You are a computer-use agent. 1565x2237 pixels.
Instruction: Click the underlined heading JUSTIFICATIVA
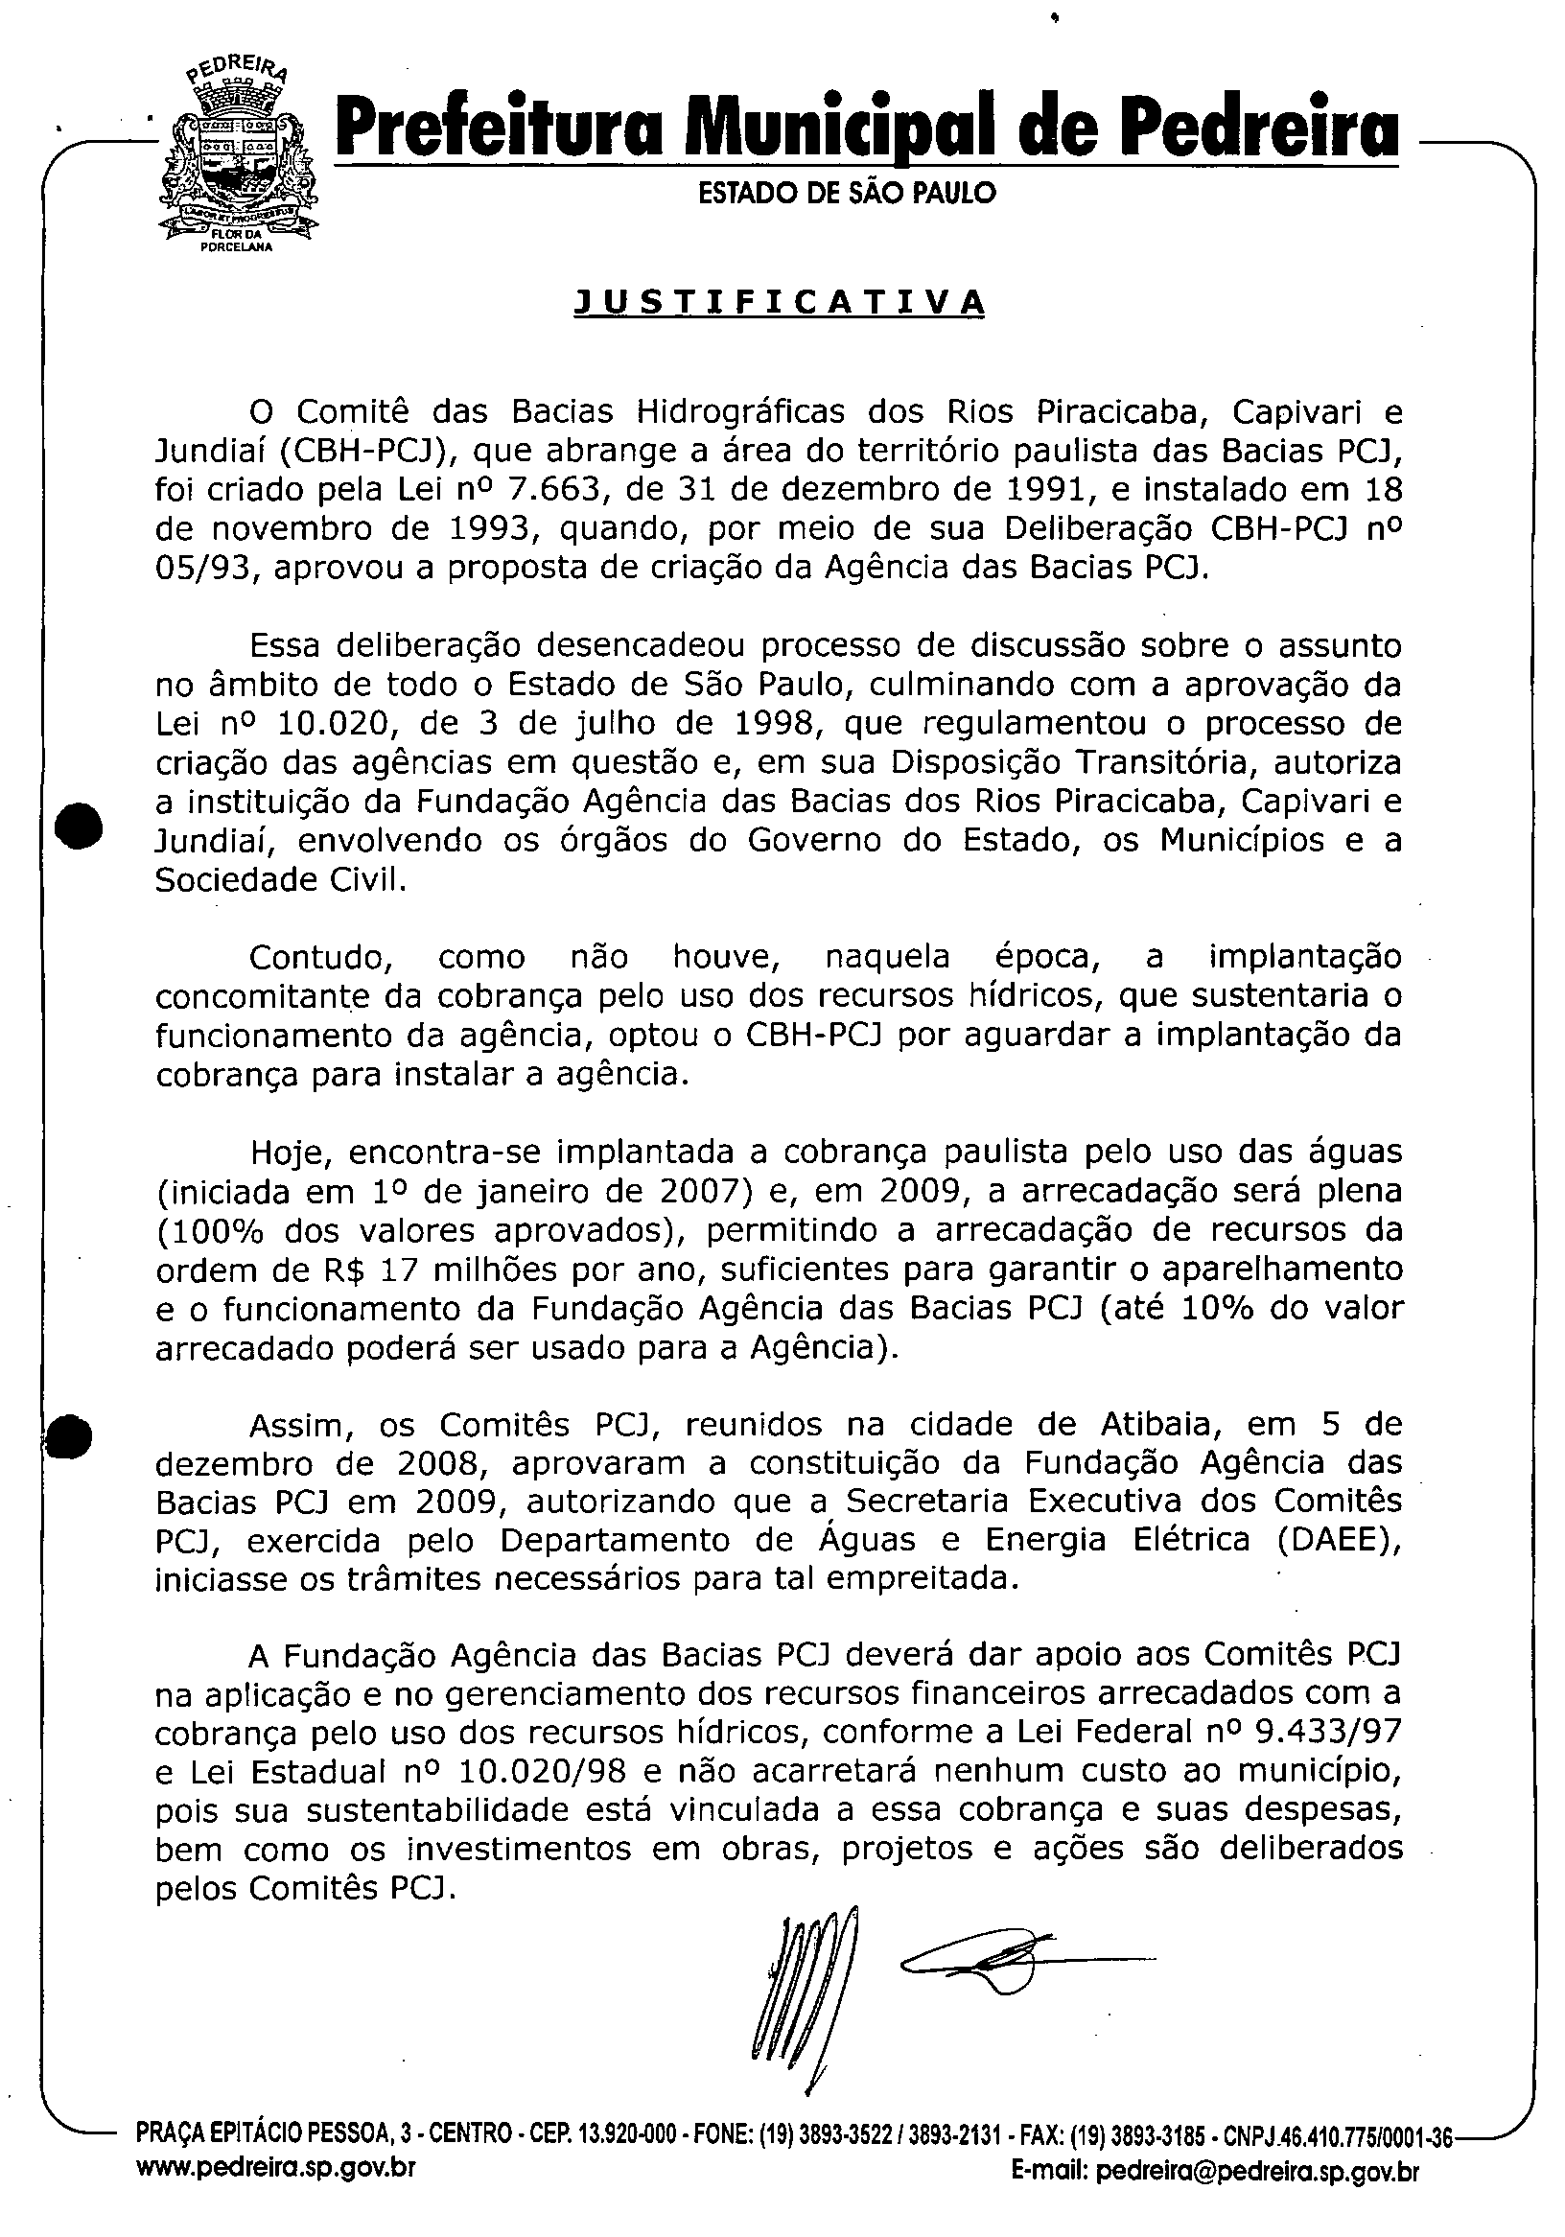click(781, 302)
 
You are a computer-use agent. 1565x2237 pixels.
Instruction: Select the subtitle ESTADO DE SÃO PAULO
click(847, 193)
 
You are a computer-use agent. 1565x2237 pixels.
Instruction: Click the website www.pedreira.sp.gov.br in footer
click(276, 2191)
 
